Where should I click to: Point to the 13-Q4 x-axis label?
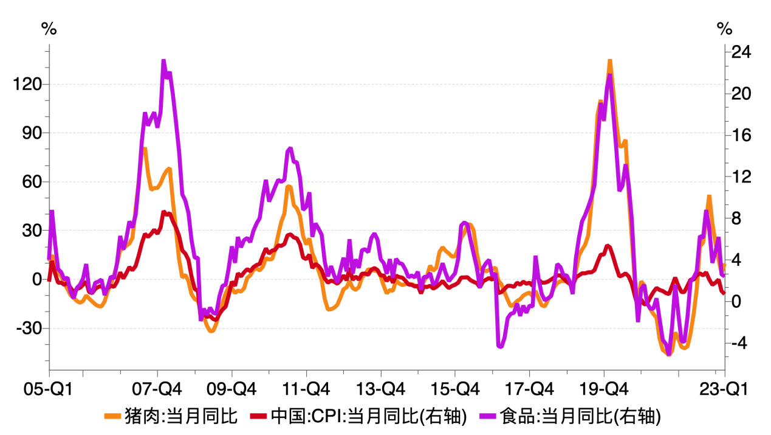pos(381,388)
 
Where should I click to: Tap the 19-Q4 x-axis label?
pos(605,388)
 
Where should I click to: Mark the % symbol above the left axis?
pos(49,29)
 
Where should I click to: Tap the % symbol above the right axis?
pos(724,29)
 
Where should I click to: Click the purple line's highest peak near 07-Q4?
pos(163,61)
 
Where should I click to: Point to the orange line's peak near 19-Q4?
pos(609,60)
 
